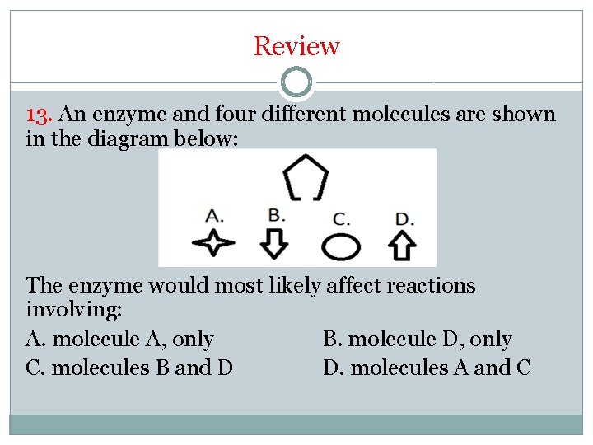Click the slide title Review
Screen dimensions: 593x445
coord(296,46)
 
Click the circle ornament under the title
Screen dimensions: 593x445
coord(296,82)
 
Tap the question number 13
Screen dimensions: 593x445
coord(40,115)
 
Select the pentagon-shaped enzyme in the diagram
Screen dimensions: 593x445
coord(306,176)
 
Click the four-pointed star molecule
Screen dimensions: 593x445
coord(212,244)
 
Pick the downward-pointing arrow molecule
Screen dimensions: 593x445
coord(276,243)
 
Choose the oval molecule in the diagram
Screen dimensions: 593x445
coord(340,246)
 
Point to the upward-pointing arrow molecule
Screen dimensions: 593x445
coord(402,244)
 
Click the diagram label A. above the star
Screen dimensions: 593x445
coord(214,217)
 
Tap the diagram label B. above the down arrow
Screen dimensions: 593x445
coord(277,215)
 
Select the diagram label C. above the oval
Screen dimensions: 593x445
coord(341,219)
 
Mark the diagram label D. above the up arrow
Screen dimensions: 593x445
coord(404,219)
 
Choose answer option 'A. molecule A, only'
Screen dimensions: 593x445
coord(119,340)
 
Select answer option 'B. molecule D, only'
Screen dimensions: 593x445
coord(417,340)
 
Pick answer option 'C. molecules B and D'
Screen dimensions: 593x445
coord(129,368)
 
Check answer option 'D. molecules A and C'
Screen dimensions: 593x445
coord(427,368)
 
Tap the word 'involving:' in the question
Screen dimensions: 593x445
coord(74,311)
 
